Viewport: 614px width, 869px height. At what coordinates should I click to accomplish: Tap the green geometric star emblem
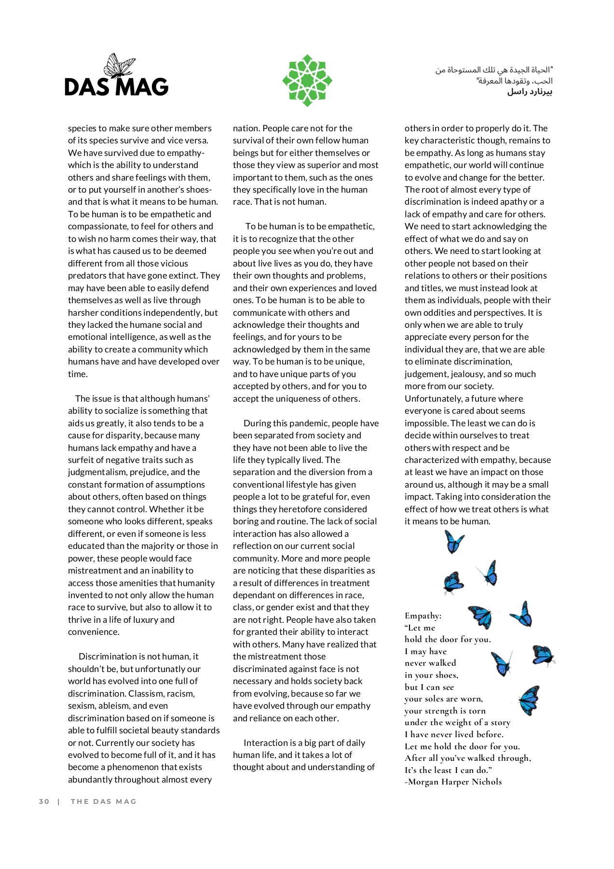(x=307, y=81)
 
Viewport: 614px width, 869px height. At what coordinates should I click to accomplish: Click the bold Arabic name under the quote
(x=529, y=92)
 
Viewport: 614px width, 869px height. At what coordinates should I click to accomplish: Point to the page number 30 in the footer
(x=44, y=801)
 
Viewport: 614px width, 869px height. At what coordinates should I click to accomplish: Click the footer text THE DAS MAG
(x=104, y=801)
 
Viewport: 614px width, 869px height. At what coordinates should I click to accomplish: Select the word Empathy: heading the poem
(x=423, y=616)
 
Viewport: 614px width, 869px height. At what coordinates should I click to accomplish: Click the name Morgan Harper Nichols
(x=454, y=782)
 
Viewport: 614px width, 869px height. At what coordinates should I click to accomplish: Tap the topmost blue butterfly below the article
(x=454, y=541)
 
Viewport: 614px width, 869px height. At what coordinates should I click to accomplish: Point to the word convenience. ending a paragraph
(x=94, y=631)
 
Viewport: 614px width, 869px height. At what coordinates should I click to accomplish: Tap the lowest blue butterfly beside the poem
(x=529, y=700)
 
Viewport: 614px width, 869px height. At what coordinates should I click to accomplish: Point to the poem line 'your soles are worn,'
(x=443, y=699)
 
